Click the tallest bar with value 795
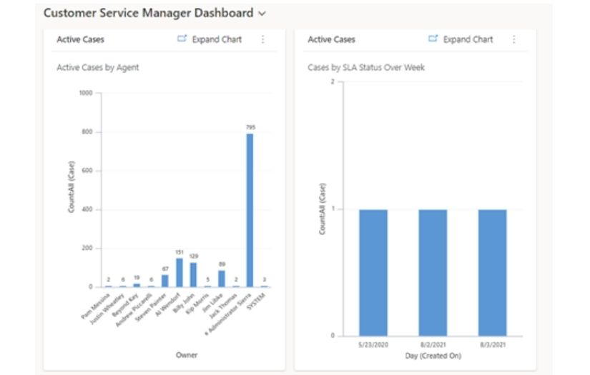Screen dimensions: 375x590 tap(250, 210)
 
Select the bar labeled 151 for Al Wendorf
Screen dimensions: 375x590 tap(179, 272)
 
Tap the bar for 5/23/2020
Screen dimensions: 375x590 tap(373, 272)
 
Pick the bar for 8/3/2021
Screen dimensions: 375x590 tap(492, 272)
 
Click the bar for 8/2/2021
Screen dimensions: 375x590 tap(433, 272)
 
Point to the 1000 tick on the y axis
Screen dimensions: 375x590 tap(86, 93)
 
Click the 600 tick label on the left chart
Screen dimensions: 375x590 tap(87, 171)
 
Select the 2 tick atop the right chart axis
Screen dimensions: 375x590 tap(332, 82)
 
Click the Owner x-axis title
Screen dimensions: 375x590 tap(187, 354)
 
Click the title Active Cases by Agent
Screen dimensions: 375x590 tap(98, 68)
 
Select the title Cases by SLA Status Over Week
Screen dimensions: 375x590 tap(366, 68)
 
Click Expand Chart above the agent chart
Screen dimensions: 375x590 tap(210, 39)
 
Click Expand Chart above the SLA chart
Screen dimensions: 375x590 tap(461, 39)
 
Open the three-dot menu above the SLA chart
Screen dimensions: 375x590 tap(513, 39)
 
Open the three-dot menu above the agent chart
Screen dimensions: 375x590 tap(262, 39)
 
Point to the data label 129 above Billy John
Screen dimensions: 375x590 tap(193, 256)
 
